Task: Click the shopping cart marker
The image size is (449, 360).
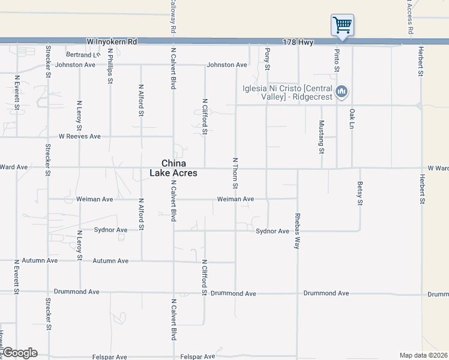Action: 342,26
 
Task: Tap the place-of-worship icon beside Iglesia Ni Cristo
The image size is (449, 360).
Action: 342,92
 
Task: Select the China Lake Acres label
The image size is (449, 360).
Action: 173,168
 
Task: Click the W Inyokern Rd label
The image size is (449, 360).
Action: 112,41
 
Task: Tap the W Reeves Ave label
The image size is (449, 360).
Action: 79,136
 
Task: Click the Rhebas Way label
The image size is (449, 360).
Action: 297,230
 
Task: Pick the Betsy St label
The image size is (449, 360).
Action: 360,193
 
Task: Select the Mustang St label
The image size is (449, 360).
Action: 321,137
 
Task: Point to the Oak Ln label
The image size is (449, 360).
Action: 352,118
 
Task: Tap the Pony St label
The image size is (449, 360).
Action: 268,58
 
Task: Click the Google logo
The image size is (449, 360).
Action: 20,353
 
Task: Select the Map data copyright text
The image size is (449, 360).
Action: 423,355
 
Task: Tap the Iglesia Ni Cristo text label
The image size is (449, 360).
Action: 287,92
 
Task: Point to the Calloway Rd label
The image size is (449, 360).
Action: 173,16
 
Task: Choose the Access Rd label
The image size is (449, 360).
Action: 411,17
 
